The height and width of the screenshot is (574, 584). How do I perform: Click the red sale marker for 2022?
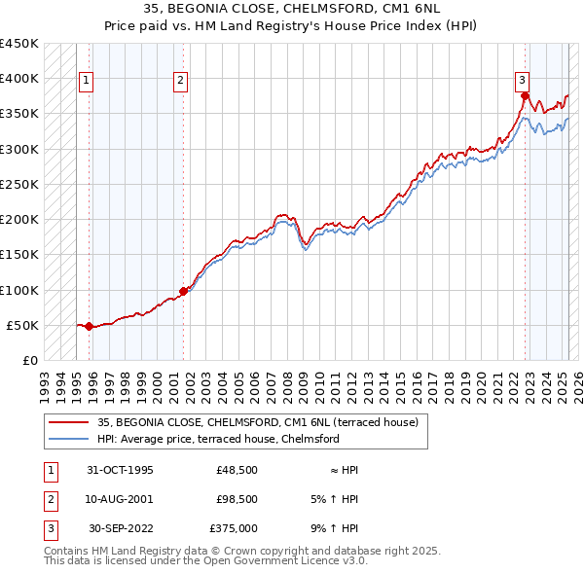tap(525, 95)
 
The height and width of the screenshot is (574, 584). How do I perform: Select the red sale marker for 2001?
tap(183, 291)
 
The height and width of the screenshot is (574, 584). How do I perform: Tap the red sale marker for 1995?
tap(90, 326)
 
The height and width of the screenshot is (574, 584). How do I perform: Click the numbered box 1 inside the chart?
tap(87, 81)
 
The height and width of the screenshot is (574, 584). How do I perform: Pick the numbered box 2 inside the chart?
tap(181, 81)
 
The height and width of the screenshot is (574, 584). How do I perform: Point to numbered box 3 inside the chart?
tap(522, 81)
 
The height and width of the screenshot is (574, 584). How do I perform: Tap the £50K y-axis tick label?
tap(22, 325)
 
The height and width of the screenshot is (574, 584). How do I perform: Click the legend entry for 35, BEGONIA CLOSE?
tap(257, 422)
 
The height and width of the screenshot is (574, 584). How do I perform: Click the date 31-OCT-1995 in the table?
tap(121, 470)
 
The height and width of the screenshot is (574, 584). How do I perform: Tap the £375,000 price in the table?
tap(234, 528)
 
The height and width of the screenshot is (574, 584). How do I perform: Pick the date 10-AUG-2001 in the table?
tap(121, 499)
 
